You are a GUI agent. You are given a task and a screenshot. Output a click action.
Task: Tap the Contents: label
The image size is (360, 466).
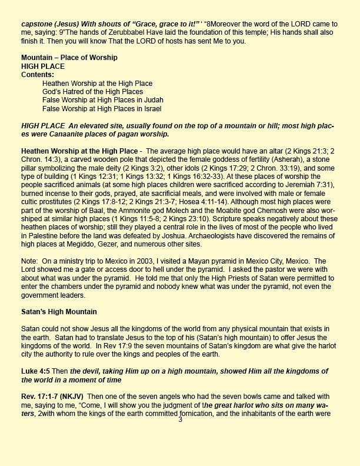coord(37,75)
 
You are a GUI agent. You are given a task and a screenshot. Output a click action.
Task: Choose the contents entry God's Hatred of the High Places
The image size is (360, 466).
coord(92,92)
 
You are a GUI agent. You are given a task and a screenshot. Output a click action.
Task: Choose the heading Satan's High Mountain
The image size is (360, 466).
coord(59,310)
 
